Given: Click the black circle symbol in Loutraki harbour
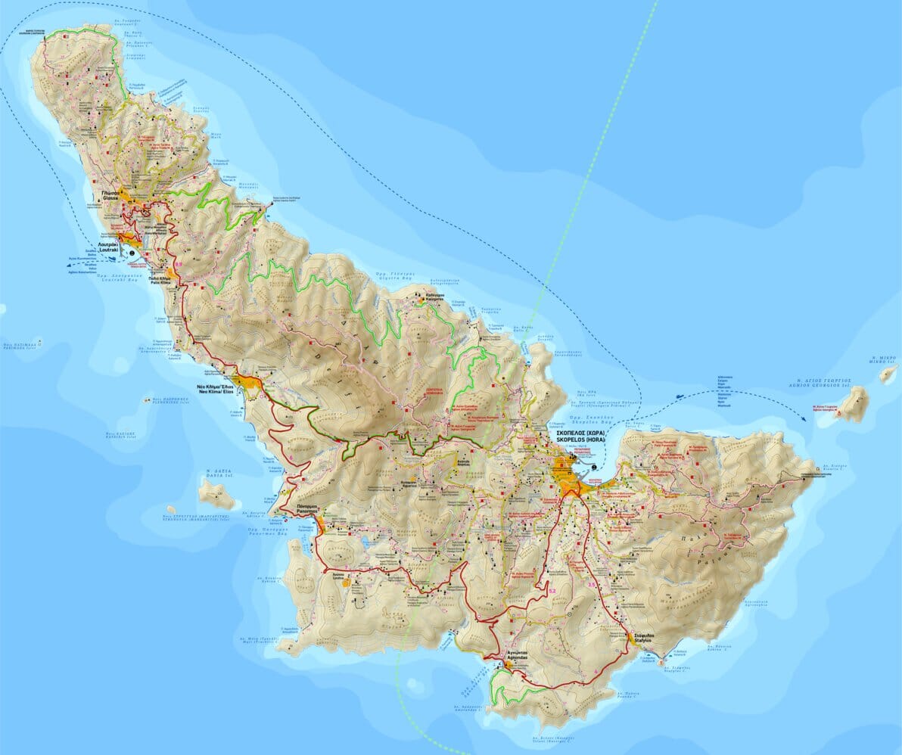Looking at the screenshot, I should pyautogui.click(x=132, y=252).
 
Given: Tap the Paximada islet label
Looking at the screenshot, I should pyautogui.click(x=19, y=346).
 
